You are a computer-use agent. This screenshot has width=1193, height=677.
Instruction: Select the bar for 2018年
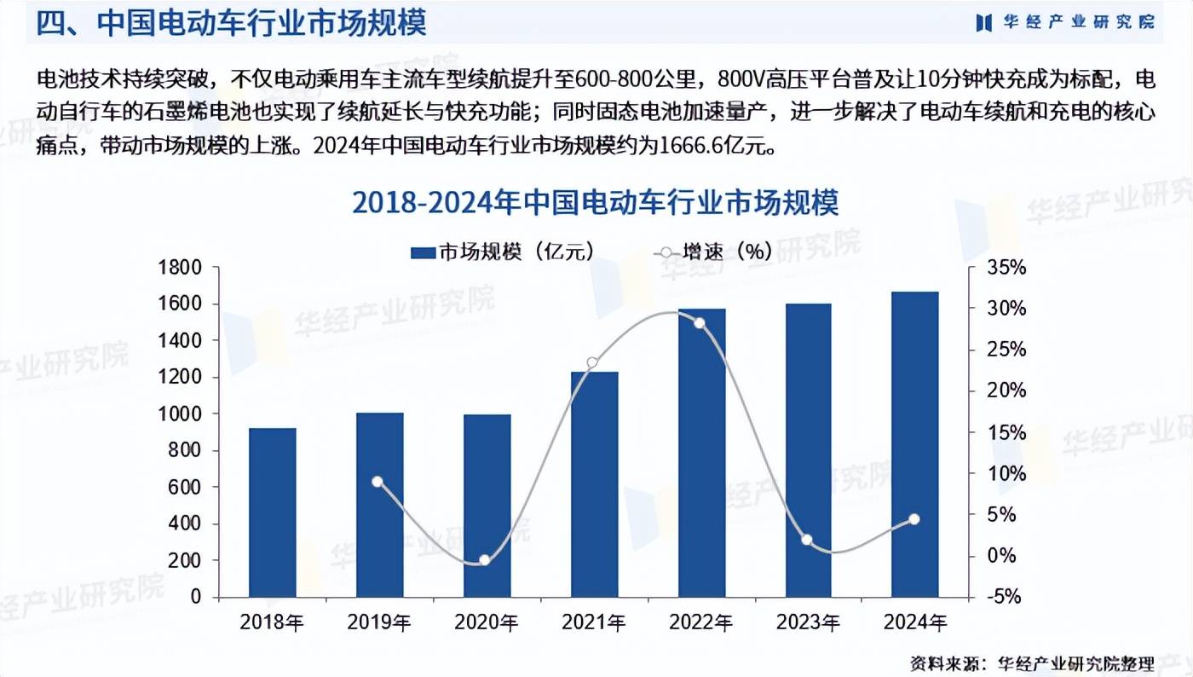272,512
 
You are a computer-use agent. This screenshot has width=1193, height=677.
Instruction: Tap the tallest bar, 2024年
914,444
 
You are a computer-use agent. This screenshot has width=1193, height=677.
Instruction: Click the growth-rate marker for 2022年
700,323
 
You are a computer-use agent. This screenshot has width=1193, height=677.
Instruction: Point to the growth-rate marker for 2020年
485,560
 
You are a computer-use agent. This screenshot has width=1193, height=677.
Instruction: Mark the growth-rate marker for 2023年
807,540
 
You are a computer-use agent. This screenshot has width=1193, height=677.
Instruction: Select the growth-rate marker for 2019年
378,482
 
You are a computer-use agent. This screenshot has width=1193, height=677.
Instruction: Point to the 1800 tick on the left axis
179,268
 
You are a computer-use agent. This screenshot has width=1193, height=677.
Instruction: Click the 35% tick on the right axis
1006,268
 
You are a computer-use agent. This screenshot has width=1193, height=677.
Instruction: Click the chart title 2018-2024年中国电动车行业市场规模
596,204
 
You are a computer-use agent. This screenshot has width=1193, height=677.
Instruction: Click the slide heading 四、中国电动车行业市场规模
230,23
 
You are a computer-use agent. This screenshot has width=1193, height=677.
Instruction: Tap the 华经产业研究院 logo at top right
1066,22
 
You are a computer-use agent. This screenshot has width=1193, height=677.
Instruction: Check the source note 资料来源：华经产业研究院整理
1031,663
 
